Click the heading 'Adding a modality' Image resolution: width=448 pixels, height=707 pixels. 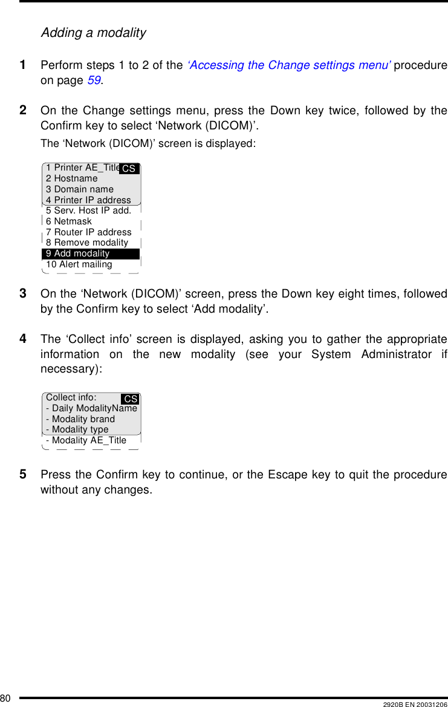pos(93,33)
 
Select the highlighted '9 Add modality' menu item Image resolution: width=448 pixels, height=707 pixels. pos(78,253)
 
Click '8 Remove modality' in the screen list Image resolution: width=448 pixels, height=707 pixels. pos(87,243)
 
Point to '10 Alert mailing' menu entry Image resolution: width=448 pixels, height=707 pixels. pos(79,264)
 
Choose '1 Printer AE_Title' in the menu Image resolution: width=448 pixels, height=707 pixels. pos(83,168)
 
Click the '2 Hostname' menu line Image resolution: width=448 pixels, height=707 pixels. pos(72,178)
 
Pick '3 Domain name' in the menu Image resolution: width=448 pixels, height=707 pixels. pos(80,189)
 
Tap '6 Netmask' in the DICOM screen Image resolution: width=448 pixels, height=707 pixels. pos(69,221)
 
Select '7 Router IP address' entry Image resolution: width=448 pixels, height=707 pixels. pos(89,232)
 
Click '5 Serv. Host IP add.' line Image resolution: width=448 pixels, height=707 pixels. pos(88,210)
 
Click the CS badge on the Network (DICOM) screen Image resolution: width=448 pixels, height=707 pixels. pos(129,169)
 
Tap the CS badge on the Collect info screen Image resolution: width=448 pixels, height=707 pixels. pos(131,399)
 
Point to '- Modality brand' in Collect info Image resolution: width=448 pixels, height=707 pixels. pos(80,419)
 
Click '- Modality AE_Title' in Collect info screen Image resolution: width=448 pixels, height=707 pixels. pos(86,440)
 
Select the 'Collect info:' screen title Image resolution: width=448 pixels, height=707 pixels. pos(71,397)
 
